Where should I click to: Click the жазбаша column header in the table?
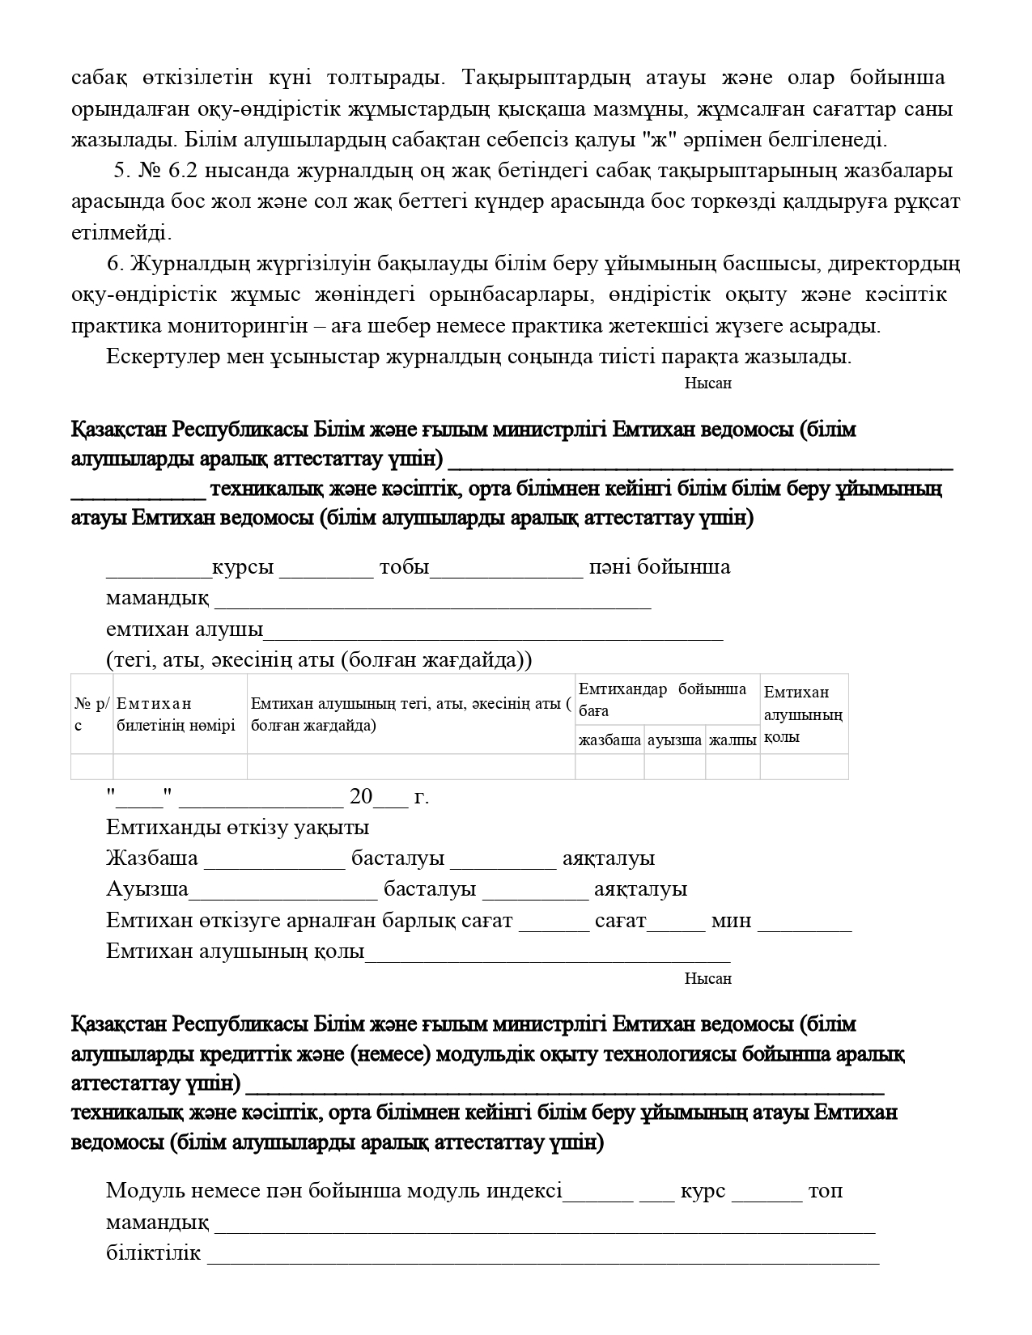(609, 740)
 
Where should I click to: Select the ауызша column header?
(674, 740)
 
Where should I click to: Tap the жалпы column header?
(733, 740)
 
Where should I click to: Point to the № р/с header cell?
(91, 714)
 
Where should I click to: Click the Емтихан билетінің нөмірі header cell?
(176, 714)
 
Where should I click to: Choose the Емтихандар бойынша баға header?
(662, 699)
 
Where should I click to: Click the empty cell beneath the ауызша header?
(674, 765)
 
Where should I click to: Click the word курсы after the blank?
(242, 567)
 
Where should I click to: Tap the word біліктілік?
(153, 1253)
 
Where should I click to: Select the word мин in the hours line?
(731, 921)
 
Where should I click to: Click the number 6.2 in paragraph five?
(185, 171)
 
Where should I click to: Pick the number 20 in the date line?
(361, 797)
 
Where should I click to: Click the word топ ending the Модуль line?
(826, 1191)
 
